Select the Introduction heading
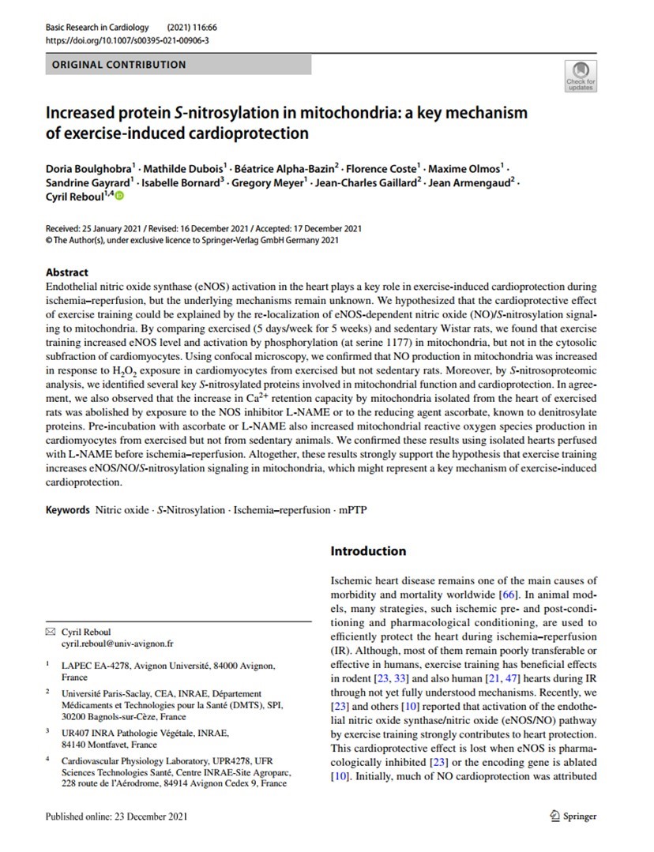pyautogui.click(x=368, y=551)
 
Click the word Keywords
pyautogui.click(x=67, y=510)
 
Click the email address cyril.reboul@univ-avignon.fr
pyautogui.click(x=118, y=644)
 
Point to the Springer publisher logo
pyautogui.click(x=574, y=816)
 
